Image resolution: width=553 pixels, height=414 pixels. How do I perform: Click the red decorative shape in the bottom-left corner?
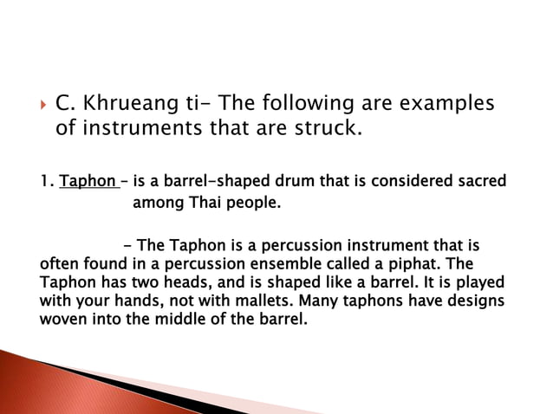[x=26, y=381]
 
